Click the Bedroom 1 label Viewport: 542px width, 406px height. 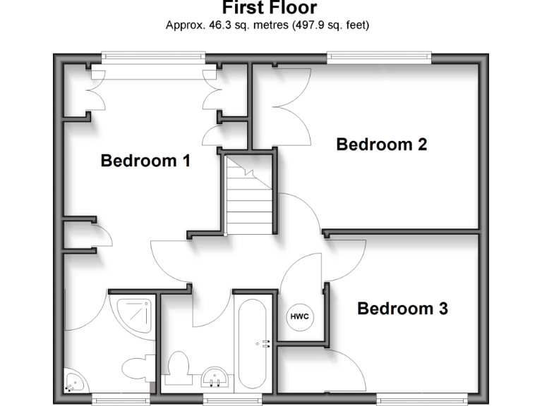point(145,161)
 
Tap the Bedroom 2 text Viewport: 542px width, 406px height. point(381,144)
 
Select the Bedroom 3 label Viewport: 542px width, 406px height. point(402,309)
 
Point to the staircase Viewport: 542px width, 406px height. point(248,195)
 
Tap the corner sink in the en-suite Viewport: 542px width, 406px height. point(73,382)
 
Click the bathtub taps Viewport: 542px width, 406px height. point(265,344)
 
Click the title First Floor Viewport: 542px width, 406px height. point(270,8)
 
